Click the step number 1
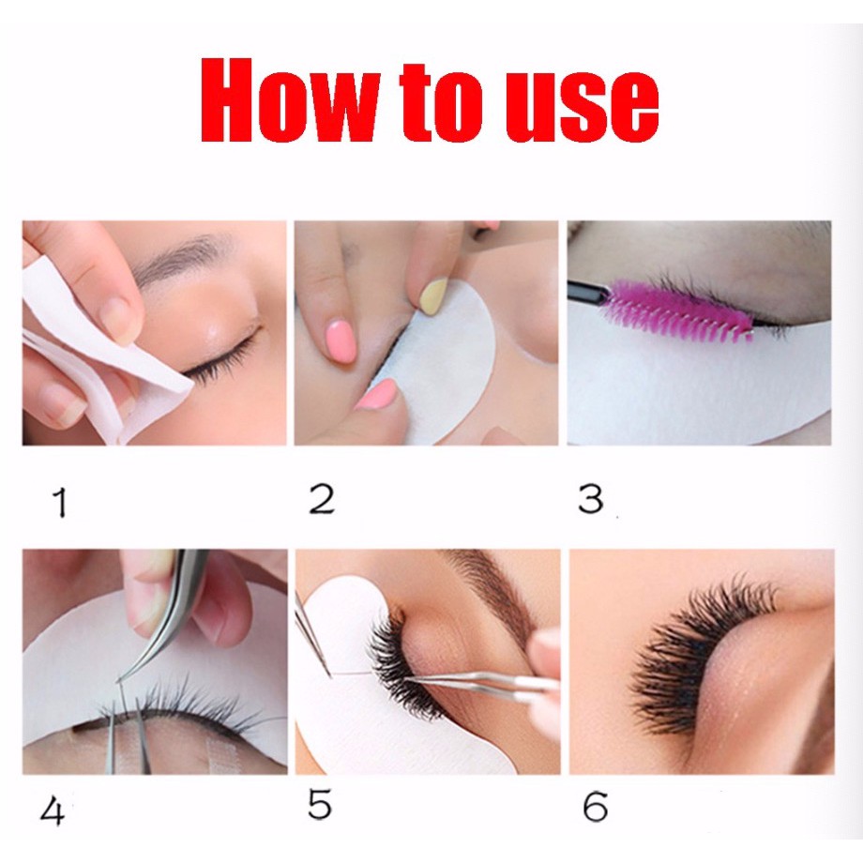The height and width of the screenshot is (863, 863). pyautogui.click(x=59, y=502)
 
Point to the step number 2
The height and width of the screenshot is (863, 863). pyautogui.click(x=322, y=499)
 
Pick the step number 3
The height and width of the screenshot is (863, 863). pyautogui.click(x=591, y=499)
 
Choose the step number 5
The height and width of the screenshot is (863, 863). pyautogui.click(x=320, y=805)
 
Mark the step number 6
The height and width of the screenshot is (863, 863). pyautogui.click(x=595, y=807)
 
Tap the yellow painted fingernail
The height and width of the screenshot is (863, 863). pyautogui.click(x=433, y=296)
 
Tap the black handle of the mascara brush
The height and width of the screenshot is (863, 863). pyautogui.click(x=588, y=292)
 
